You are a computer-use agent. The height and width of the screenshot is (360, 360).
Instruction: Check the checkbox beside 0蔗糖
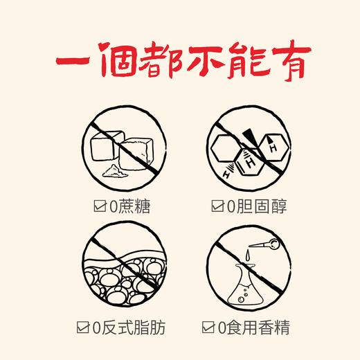[x=98, y=205]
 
